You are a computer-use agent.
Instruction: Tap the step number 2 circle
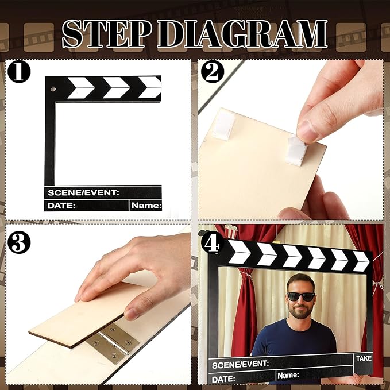213,72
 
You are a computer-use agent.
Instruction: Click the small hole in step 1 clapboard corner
53,90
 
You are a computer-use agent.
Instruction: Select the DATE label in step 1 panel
61,205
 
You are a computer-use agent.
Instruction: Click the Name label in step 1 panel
146,205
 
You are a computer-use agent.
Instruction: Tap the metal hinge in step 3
113,343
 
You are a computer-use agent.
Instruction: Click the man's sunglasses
301,296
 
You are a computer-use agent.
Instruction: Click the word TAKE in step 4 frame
364,358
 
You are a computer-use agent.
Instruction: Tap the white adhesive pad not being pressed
223,125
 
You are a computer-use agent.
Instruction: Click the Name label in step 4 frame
288,376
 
